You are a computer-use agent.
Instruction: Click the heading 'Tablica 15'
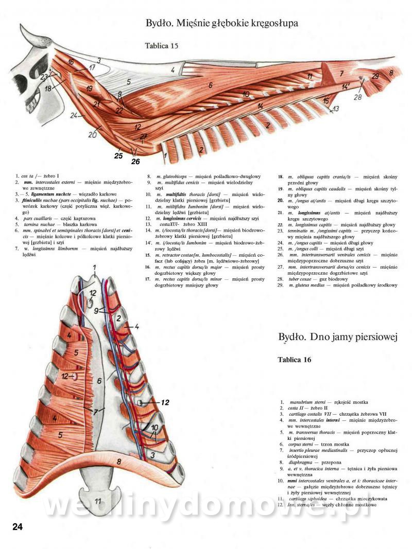click(161, 46)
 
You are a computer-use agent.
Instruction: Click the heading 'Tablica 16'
click(294, 360)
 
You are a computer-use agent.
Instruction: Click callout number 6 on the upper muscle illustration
click(210, 84)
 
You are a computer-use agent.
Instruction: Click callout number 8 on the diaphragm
click(119, 462)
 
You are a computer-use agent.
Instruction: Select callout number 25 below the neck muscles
click(118, 155)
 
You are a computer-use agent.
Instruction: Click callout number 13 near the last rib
click(336, 109)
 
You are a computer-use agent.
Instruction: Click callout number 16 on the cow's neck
click(71, 63)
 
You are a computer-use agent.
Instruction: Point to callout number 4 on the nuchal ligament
click(174, 69)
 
